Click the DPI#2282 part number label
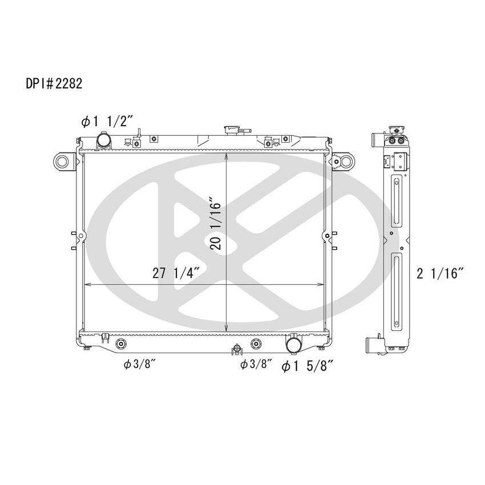(x=55, y=84)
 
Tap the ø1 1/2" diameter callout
(x=107, y=121)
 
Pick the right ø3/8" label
(x=256, y=365)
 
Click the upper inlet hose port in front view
(x=104, y=140)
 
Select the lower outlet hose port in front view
(x=294, y=345)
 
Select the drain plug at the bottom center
(x=235, y=349)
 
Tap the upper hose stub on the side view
(x=376, y=139)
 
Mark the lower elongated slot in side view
(x=395, y=291)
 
